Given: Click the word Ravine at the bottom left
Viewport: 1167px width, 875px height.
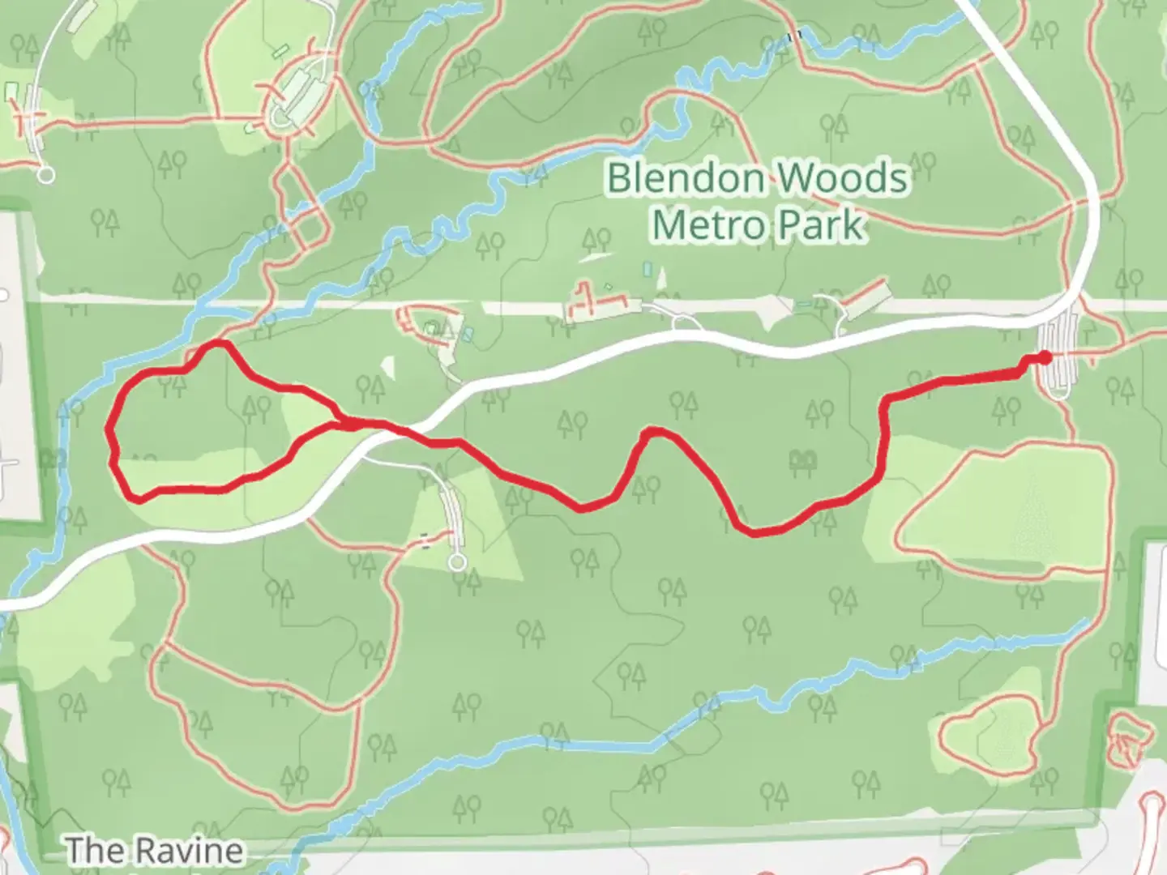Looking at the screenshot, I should pyautogui.click(x=188, y=851).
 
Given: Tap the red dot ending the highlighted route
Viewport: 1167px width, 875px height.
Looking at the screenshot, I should pyautogui.click(x=1045, y=357).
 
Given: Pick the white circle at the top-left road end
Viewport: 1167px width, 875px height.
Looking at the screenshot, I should pyautogui.click(x=46, y=173).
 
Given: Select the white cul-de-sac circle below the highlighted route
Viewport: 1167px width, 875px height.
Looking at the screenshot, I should pyautogui.click(x=459, y=561).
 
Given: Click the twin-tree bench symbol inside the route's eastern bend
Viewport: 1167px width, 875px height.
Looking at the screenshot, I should pyautogui.click(x=803, y=460).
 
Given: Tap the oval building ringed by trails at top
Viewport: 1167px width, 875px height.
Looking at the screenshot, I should pyautogui.click(x=300, y=97).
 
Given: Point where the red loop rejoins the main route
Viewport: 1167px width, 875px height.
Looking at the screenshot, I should pyautogui.click(x=350, y=422).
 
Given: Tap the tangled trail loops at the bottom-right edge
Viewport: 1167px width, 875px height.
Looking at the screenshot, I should pyautogui.click(x=1128, y=740).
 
